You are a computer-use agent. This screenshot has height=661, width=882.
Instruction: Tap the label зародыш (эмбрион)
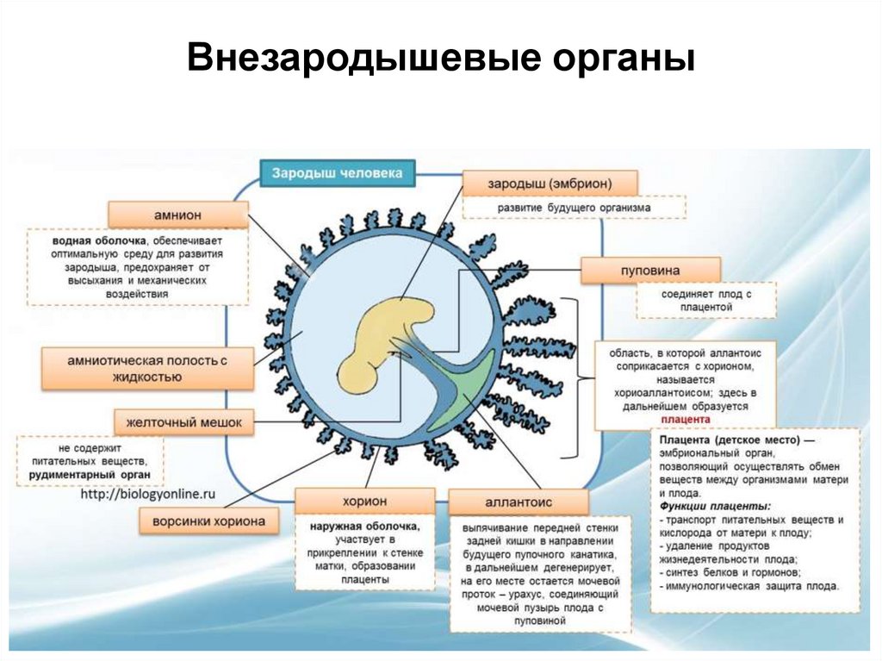tap(550, 184)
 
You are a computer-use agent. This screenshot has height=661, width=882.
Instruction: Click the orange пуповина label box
tap(637, 270)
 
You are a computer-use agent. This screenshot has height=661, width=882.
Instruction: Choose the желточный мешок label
tap(183, 422)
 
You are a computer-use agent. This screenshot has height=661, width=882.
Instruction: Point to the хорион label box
tap(364, 501)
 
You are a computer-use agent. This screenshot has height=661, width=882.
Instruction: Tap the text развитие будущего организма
tap(573, 208)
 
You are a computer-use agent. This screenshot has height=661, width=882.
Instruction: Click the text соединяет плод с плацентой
tap(706, 299)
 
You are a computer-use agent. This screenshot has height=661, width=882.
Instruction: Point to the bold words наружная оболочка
tap(366, 525)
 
